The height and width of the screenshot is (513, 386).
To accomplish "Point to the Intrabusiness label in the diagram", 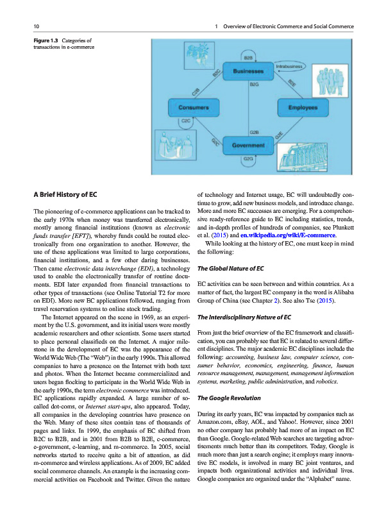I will [289, 66].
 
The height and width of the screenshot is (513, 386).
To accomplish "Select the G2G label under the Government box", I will [248, 158].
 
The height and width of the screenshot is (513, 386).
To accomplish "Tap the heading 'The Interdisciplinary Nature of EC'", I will [244, 317].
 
